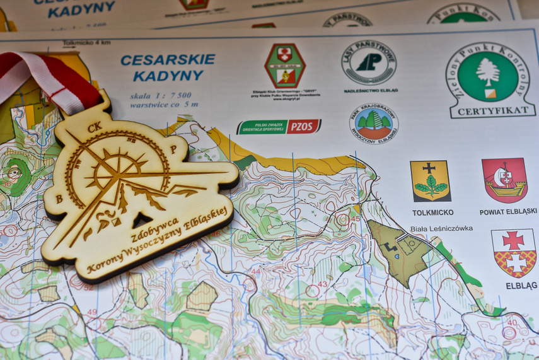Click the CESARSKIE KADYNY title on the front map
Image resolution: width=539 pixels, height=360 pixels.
coord(168,67)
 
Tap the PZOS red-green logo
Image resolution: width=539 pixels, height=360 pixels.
coord(279,127)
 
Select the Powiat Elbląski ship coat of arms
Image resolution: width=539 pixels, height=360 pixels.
coord(504,180)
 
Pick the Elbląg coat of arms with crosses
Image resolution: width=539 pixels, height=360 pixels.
coord(514,252)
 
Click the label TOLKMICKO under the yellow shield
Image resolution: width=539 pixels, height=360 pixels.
coord(432,212)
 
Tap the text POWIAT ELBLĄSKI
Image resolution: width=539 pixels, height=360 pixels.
coord(508,212)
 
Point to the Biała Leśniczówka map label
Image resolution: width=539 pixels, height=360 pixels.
coord(441,229)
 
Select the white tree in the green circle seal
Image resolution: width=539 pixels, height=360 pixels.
coord(488,73)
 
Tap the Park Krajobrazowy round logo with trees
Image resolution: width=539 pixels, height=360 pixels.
coord(374,123)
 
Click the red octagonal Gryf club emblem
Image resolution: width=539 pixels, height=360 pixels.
coord(285,65)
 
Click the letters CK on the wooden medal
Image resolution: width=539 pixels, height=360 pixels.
coord(95,127)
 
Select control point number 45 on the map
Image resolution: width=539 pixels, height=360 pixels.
coord(356,219)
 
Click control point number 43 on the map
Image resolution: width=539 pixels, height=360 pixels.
coord(322,284)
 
